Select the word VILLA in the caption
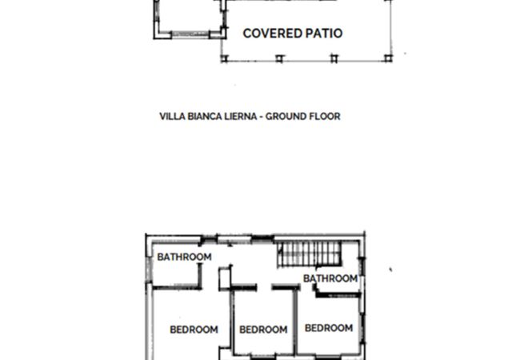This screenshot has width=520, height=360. pos(174,116)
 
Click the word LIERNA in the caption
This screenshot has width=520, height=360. pos(241,116)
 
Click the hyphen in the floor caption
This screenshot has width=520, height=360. pos(262,116)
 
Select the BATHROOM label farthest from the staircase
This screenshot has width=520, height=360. pos(184,257)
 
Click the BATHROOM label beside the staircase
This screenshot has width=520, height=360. pos(330,278)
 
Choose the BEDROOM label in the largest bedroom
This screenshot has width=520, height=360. pos(194,329)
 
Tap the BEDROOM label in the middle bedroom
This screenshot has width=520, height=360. pos(263,329)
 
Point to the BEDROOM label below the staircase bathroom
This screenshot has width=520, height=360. pos(329,328)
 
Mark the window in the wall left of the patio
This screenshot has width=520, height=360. pos(190,34)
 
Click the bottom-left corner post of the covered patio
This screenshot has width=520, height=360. pos(223,59)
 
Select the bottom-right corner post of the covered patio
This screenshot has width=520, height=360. pos(390,58)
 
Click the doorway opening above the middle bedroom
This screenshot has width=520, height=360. pos(264,286)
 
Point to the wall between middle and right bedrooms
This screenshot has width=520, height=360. pos(295,324)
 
